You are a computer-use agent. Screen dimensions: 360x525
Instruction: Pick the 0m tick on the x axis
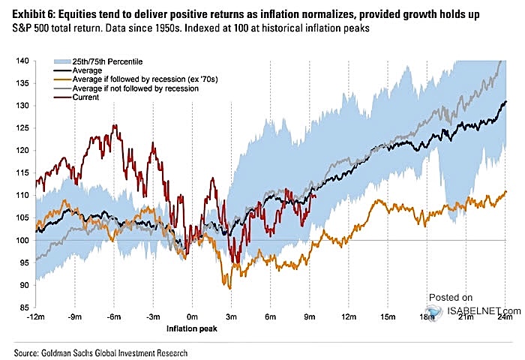(193, 317)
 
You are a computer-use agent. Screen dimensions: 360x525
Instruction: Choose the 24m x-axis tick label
(505, 317)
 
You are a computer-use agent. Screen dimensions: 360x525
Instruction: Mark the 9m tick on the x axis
(310, 317)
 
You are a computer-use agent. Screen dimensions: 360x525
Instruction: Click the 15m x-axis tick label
(388, 317)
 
